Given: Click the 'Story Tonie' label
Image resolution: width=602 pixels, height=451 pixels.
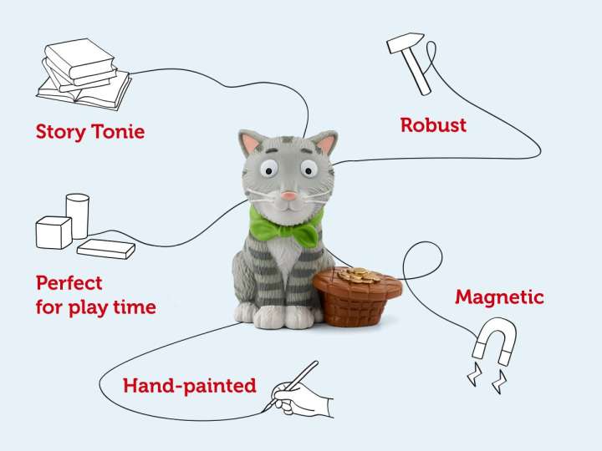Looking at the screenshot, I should (x=89, y=131).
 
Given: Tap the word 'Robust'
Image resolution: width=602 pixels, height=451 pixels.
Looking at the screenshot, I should (x=433, y=125).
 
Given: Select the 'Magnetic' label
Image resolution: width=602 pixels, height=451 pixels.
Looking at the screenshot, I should (x=499, y=296).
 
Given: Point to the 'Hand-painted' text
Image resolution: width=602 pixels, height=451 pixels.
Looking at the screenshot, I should (x=189, y=385).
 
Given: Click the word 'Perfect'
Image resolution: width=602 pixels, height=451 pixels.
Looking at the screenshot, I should (x=69, y=282).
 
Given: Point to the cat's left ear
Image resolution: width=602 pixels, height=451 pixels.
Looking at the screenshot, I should (x=251, y=145).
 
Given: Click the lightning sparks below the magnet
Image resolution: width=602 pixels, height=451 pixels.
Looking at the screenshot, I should (x=485, y=377).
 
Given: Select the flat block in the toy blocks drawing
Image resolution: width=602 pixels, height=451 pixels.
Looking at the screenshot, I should (x=105, y=249).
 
